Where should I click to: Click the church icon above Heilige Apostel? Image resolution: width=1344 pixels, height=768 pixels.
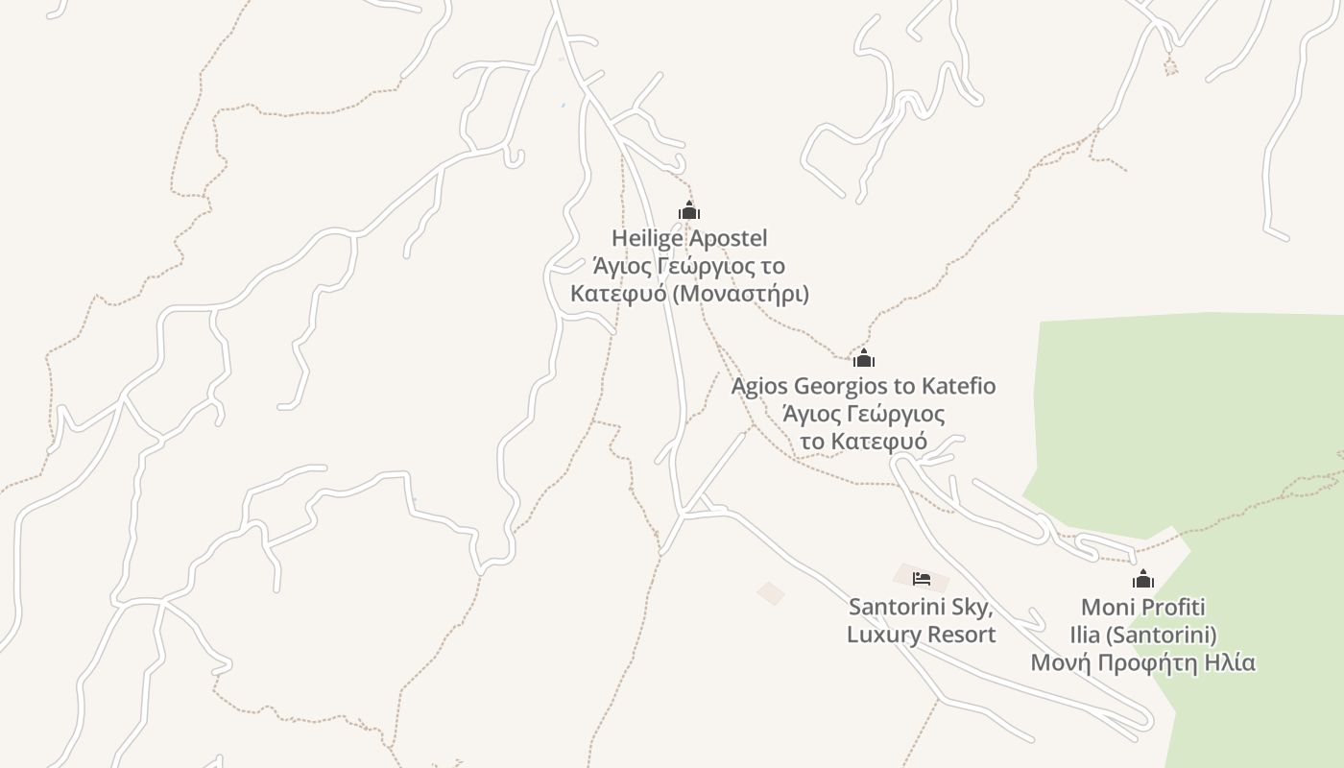click(x=689, y=211)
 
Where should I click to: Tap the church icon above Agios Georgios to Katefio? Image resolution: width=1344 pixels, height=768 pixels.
click(x=864, y=359)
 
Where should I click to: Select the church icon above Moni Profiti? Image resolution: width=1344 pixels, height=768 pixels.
click(x=1142, y=579)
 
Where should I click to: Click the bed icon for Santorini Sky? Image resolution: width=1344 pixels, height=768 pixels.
click(x=922, y=579)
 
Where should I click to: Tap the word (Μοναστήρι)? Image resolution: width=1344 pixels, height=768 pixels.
click(x=740, y=294)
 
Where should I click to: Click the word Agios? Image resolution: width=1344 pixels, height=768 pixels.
click(x=759, y=386)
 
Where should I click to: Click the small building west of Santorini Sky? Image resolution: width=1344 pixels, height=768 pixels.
click(x=770, y=593)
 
